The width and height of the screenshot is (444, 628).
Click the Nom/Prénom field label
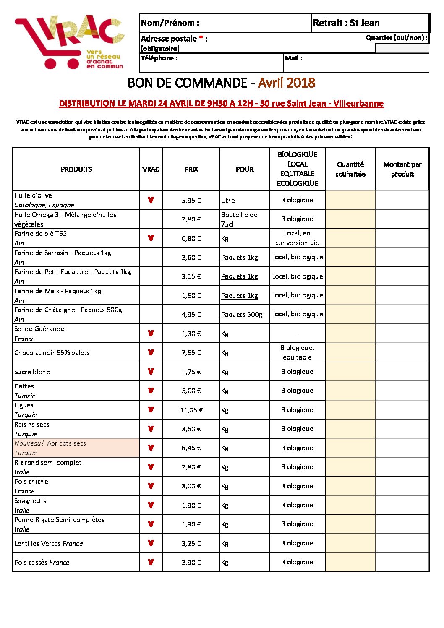(170, 23)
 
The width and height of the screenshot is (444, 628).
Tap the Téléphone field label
(159, 58)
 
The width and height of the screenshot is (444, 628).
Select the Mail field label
(293, 58)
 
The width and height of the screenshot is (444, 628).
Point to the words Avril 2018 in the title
(286, 83)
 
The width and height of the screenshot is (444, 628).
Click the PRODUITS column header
(76, 169)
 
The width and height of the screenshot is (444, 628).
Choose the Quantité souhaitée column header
(350, 169)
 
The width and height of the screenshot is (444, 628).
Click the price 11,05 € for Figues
(191, 410)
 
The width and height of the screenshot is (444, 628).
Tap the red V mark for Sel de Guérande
(151, 334)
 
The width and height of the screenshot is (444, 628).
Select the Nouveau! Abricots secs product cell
(76, 448)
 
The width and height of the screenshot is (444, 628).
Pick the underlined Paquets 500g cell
(242, 314)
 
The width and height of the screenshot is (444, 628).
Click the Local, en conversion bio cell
(297, 238)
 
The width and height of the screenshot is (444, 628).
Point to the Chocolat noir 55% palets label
(52, 353)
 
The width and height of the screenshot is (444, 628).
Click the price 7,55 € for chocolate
(191, 353)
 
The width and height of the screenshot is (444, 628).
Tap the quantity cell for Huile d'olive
(350, 200)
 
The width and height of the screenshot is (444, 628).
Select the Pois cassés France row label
(42, 562)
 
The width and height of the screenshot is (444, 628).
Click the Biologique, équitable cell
(297, 352)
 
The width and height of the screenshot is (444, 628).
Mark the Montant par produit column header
(402, 169)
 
